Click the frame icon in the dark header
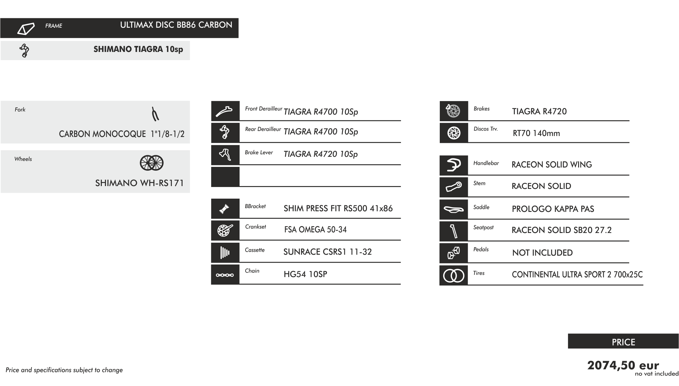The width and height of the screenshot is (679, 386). click(x=26, y=29)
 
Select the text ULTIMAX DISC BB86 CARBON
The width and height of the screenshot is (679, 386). click(x=176, y=25)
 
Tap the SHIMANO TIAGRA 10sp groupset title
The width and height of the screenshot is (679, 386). click(x=138, y=49)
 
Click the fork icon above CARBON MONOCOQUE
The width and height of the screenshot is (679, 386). click(x=155, y=114)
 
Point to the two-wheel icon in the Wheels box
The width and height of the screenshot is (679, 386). click(x=152, y=163)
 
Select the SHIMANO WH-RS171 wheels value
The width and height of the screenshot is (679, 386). click(x=139, y=183)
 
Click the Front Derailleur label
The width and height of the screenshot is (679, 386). click(x=264, y=109)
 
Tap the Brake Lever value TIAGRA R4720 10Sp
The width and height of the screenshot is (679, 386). click(x=321, y=154)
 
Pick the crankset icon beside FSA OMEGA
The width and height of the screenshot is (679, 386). click(x=225, y=230)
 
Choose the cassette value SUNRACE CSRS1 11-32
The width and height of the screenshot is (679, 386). click(x=328, y=252)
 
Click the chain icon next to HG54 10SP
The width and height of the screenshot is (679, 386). click(x=225, y=275)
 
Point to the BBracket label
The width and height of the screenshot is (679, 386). click(x=255, y=207)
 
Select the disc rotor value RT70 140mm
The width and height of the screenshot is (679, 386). click(x=536, y=133)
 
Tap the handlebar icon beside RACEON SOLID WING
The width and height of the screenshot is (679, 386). click(x=454, y=165)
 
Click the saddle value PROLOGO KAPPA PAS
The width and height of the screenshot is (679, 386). click(x=553, y=209)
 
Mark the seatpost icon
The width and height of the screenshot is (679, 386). click(x=454, y=231)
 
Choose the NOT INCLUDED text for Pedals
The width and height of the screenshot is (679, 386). click(x=542, y=253)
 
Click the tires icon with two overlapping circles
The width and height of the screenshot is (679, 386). click(x=454, y=276)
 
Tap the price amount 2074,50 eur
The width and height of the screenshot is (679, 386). click(x=623, y=366)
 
